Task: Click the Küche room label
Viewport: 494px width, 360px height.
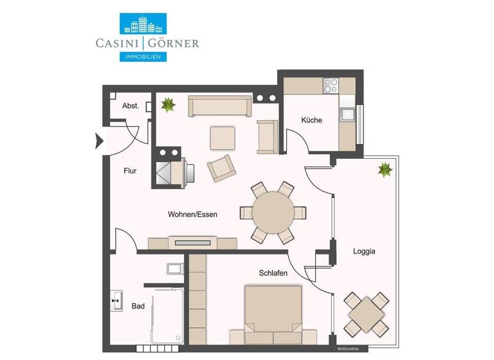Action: (x=311, y=120)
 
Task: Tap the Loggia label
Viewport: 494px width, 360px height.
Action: (x=364, y=251)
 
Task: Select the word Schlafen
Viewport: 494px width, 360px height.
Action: (x=273, y=273)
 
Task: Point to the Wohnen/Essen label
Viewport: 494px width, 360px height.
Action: (x=192, y=215)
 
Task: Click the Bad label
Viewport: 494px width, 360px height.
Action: (x=138, y=307)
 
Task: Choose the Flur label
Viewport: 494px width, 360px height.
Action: (x=131, y=171)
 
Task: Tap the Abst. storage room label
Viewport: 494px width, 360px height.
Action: (x=131, y=106)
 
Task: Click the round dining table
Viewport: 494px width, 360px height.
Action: (x=273, y=212)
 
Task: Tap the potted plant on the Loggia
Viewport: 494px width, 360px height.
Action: (x=385, y=170)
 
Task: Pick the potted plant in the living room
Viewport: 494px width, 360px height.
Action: (x=168, y=104)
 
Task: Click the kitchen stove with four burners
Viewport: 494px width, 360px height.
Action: (x=331, y=85)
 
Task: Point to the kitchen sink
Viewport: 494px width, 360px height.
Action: (x=348, y=115)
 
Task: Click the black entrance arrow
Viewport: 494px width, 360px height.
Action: (x=99, y=140)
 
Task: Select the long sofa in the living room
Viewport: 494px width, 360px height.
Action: (x=219, y=106)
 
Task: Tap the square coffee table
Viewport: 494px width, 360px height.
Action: (x=223, y=137)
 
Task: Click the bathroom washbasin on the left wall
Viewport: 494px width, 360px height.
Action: (x=116, y=300)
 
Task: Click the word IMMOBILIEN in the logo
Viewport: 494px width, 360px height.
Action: (x=143, y=57)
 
